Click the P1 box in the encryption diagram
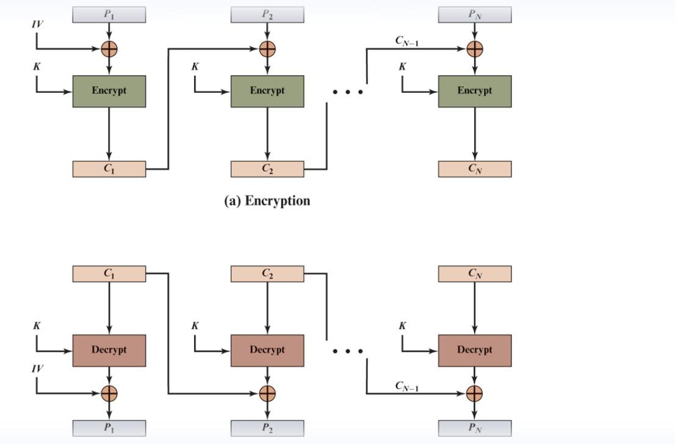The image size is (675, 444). (109, 15)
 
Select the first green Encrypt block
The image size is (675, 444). (109, 91)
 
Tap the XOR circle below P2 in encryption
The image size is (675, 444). (267, 49)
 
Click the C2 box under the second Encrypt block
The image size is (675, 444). (267, 169)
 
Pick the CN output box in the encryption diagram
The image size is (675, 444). (474, 169)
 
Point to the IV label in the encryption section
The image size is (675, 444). (38, 24)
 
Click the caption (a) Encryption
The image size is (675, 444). (267, 201)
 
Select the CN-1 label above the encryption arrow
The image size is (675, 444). (406, 41)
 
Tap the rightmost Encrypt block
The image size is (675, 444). (474, 91)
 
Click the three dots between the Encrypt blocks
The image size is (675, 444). (348, 92)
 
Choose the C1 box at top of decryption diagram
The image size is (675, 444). (109, 274)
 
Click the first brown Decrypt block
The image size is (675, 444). (109, 350)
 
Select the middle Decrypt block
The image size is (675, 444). (267, 350)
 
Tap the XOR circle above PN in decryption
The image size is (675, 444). (474, 393)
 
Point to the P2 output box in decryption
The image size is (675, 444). (267, 428)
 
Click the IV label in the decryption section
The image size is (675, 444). (38, 369)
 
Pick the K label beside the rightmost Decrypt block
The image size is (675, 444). (402, 326)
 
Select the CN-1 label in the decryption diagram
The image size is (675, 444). (406, 386)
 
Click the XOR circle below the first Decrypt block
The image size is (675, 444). (109, 393)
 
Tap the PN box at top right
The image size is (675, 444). (474, 15)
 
